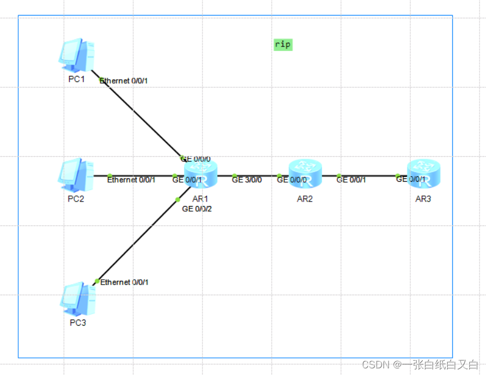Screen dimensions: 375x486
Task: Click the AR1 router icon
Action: click(x=201, y=173)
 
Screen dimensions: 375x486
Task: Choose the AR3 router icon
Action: click(x=423, y=173)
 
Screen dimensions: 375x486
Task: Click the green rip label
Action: click(x=283, y=44)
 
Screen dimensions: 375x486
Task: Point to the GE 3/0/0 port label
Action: click(x=247, y=180)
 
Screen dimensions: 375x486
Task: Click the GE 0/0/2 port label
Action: click(x=197, y=209)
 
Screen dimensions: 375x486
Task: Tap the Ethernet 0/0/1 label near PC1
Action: click(x=124, y=81)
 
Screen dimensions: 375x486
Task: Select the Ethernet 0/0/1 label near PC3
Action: click(x=125, y=282)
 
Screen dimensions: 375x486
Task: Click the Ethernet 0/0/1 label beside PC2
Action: click(x=131, y=180)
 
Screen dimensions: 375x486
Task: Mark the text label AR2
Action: click(x=304, y=199)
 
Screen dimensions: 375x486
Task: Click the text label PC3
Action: click(x=76, y=323)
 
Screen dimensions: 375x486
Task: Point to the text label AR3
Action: click(x=423, y=199)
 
